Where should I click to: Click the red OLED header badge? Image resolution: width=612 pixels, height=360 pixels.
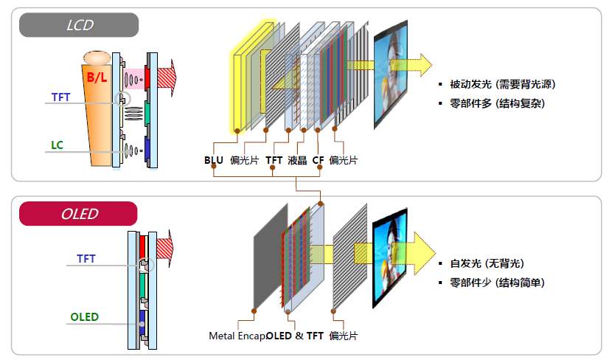click(x=79, y=214)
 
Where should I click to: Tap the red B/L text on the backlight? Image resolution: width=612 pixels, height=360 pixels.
click(x=97, y=77)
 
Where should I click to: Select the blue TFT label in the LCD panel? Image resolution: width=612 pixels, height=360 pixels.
click(x=62, y=97)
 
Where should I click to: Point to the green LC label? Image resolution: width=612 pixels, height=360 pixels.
click(x=57, y=145)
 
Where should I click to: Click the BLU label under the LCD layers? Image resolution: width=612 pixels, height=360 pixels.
click(x=214, y=160)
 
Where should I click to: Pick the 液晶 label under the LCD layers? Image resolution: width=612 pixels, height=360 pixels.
click(x=298, y=160)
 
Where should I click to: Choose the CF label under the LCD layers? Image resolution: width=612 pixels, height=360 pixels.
click(x=318, y=160)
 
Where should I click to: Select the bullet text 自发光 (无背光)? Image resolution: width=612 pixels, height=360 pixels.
click(x=491, y=263)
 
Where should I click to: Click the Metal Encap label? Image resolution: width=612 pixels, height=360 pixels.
click(x=237, y=336)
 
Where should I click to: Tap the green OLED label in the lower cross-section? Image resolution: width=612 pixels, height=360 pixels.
click(x=84, y=317)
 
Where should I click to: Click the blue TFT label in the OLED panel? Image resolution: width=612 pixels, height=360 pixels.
click(x=86, y=259)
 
